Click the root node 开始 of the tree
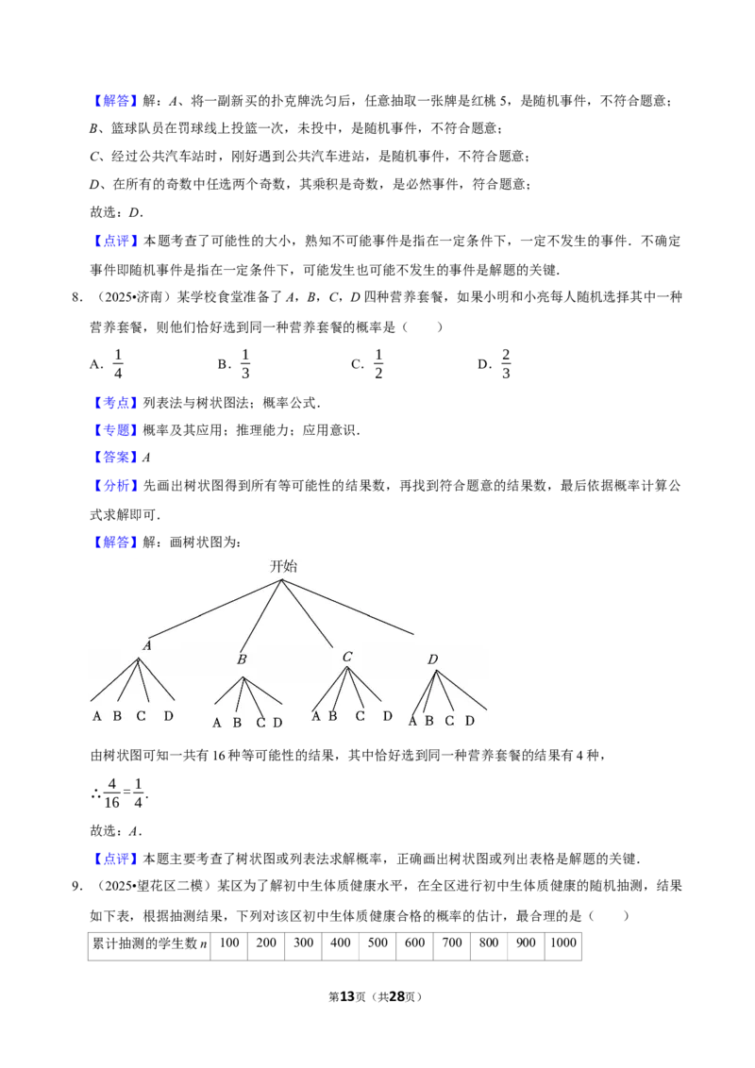[x=283, y=566]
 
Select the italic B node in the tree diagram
[x=242, y=659]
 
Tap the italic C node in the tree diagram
[x=347, y=657]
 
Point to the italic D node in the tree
[x=432, y=659]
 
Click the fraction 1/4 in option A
[x=118, y=364]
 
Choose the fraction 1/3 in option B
[x=245, y=364]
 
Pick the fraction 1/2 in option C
[x=378, y=364]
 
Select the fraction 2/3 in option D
[x=506, y=364]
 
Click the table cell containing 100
[x=229, y=944]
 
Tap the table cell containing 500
[x=377, y=944]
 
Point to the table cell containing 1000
[x=562, y=944]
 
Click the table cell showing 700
[x=452, y=944]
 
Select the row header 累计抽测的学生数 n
[x=149, y=944]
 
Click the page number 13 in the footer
[x=347, y=996]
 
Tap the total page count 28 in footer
[x=396, y=996]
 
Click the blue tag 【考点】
[x=116, y=403]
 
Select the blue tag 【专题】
[x=116, y=430]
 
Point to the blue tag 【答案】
[x=116, y=458]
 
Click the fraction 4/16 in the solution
[x=111, y=793]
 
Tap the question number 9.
[x=76, y=886]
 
